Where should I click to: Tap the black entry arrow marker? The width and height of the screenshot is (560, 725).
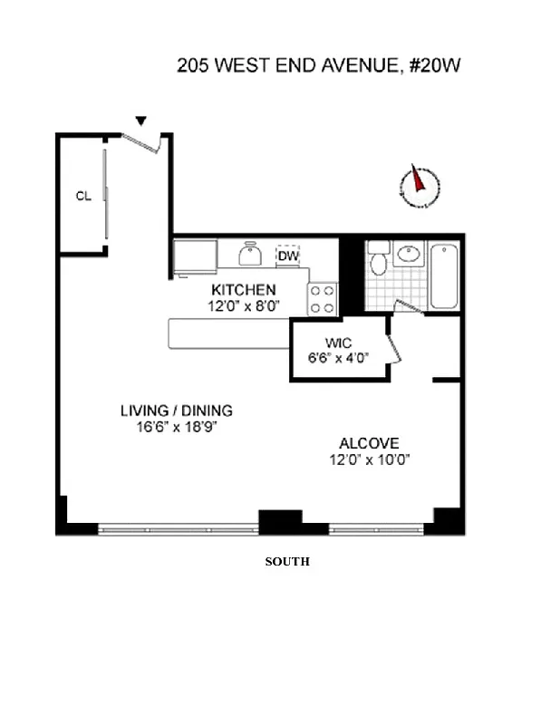tap(140, 121)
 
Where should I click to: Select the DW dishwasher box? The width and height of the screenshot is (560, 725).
tap(288, 256)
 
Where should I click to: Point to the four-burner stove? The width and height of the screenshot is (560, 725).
tap(323, 299)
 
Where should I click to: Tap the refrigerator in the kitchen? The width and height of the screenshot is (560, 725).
tap(196, 256)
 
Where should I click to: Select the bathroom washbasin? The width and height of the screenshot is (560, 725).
tap(408, 253)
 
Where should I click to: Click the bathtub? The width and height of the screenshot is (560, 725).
tap(446, 275)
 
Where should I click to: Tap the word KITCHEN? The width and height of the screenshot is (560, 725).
tap(243, 290)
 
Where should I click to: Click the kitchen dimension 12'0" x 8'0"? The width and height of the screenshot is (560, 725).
tap(243, 306)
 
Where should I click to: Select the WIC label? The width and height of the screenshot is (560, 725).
tap(339, 343)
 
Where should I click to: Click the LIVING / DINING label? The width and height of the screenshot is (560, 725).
tap(176, 411)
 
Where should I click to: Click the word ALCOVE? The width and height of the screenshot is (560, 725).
tap(369, 443)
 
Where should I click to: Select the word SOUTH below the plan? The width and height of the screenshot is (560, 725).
tap(287, 562)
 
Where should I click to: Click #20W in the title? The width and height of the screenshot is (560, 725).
tap(436, 65)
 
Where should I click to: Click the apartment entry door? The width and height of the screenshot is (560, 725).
tap(141, 141)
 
